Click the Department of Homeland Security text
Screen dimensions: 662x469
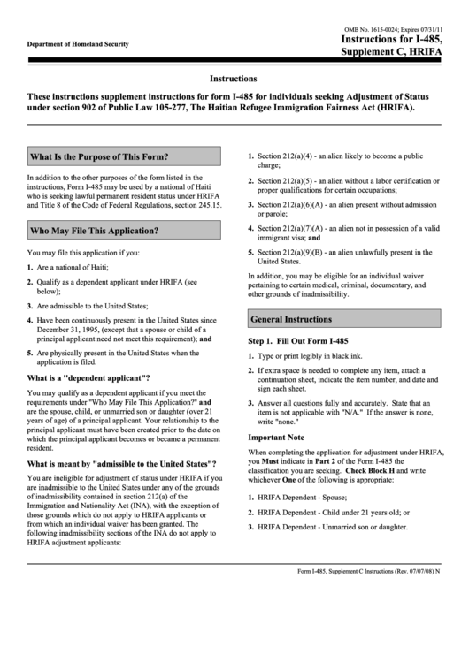[78, 44]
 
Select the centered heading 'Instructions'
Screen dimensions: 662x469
[234, 79]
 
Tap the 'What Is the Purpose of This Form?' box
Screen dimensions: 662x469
[123, 156]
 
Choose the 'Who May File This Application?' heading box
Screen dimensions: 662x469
[123, 231]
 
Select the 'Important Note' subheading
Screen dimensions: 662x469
[275, 438]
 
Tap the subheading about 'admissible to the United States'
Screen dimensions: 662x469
[121, 463]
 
